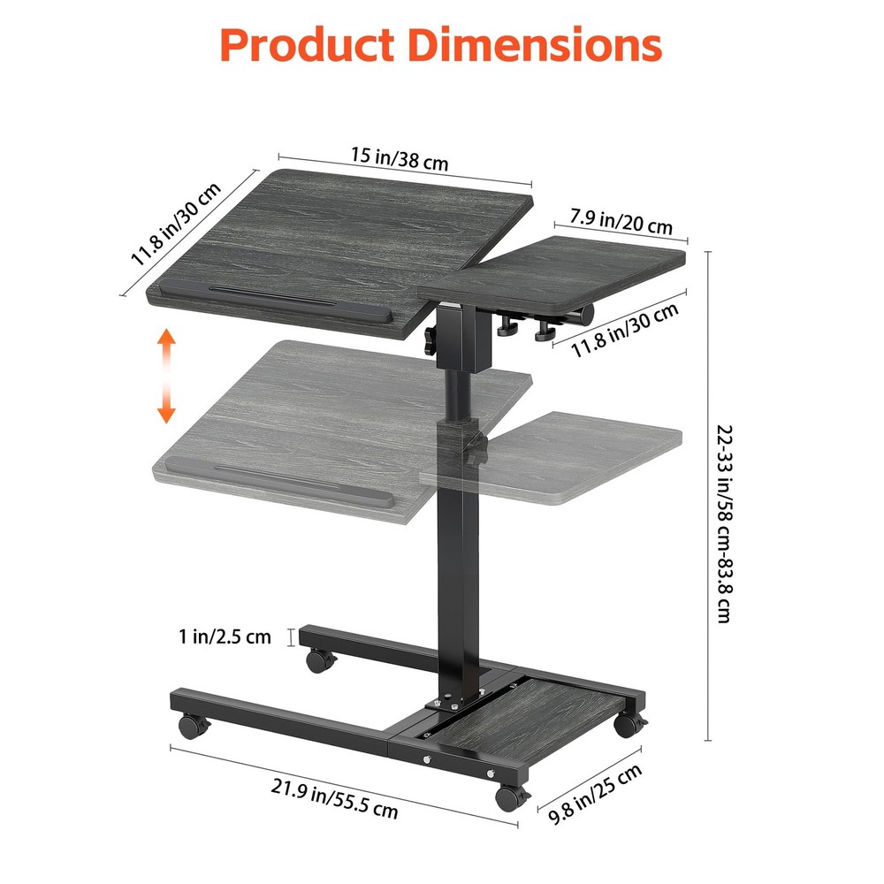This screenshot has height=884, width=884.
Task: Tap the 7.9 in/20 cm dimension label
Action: click(x=621, y=219)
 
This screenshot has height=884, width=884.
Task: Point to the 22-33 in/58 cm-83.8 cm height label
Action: click(x=724, y=524)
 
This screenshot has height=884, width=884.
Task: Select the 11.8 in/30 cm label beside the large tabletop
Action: click(x=176, y=225)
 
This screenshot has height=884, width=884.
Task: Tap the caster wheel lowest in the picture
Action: click(x=510, y=798)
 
